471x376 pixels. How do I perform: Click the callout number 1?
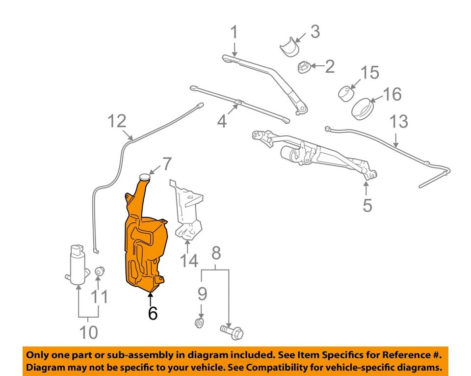pyautogui.click(x=234, y=33)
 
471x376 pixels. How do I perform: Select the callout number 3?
pyautogui.click(x=314, y=32)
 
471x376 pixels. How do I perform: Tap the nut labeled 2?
pyautogui.click(x=304, y=67)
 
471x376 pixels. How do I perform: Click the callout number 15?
pyautogui.click(x=370, y=73)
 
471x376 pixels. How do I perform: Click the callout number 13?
pyautogui.click(x=399, y=121)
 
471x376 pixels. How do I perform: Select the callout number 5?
pyautogui.click(x=367, y=205)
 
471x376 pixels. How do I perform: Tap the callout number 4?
pyautogui.click(x=222, y=120)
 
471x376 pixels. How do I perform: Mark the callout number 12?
pyautogui.click(x=117, y=121)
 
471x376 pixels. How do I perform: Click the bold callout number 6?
pyautogui.click(x=153, y=313)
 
